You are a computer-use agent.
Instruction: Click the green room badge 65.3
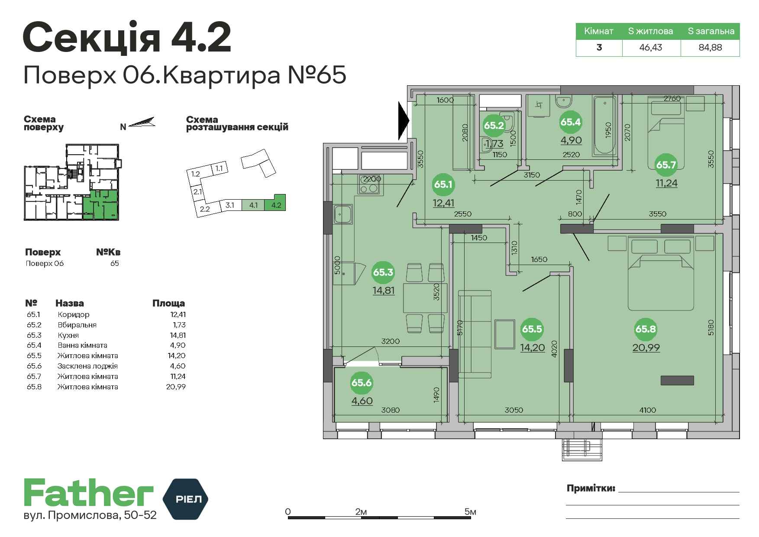pos(383,272)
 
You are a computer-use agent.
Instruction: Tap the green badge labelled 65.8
pos(646,329)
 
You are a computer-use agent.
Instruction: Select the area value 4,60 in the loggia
pos(362,401)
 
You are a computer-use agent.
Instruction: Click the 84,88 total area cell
pos(710,47)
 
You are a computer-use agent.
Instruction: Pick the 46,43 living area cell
pos(651,47)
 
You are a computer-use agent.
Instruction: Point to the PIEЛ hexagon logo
pos(185,499)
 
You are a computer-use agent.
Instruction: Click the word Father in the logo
pos(88,493)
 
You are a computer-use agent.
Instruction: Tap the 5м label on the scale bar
pos(470,512)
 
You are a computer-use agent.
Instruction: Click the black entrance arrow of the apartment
pos(404,119)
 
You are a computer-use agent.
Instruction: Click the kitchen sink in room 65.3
pos(343,214)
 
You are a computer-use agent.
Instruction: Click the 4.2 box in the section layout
pos(275,205)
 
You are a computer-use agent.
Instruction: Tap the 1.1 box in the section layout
pos(219,168)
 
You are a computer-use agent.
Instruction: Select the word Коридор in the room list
pos(74,314)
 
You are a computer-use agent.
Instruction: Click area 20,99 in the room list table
pos(176,387)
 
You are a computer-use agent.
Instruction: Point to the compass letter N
pos(123,127)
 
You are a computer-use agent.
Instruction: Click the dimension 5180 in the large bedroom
pos(711,327)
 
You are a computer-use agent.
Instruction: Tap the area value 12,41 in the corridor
pos(443,202)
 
